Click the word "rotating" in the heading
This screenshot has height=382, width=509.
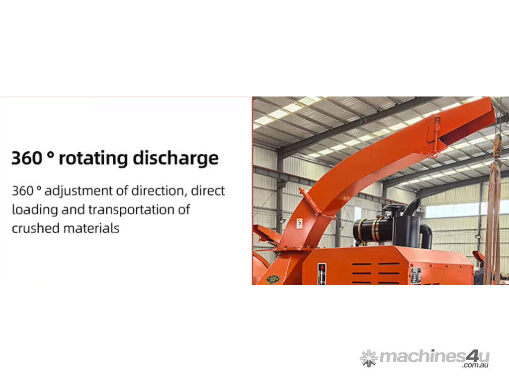tap(93, 158)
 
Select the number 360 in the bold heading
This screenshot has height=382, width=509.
tap(27, 158)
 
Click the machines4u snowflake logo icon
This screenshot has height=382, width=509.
tap(369, 358)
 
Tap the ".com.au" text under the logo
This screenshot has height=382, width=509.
tap(475, 365)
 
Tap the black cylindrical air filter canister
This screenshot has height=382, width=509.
tap(373, 230)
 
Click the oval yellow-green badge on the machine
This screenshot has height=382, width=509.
tap(273, 279)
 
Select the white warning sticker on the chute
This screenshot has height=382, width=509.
tap(299, 223)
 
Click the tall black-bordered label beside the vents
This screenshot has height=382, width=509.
tap(322, 274)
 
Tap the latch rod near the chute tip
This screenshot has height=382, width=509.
tap(435, 136)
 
